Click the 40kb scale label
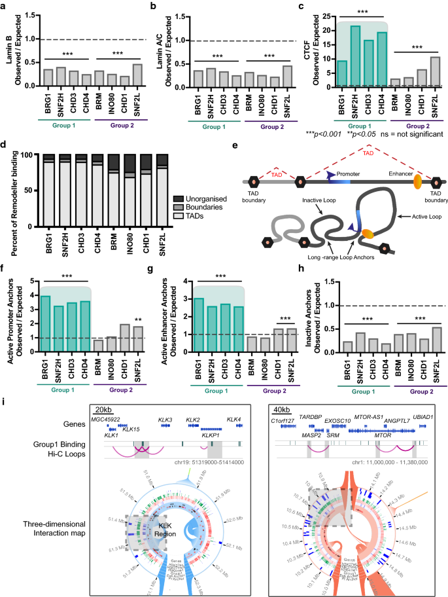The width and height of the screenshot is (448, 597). point(284,425)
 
